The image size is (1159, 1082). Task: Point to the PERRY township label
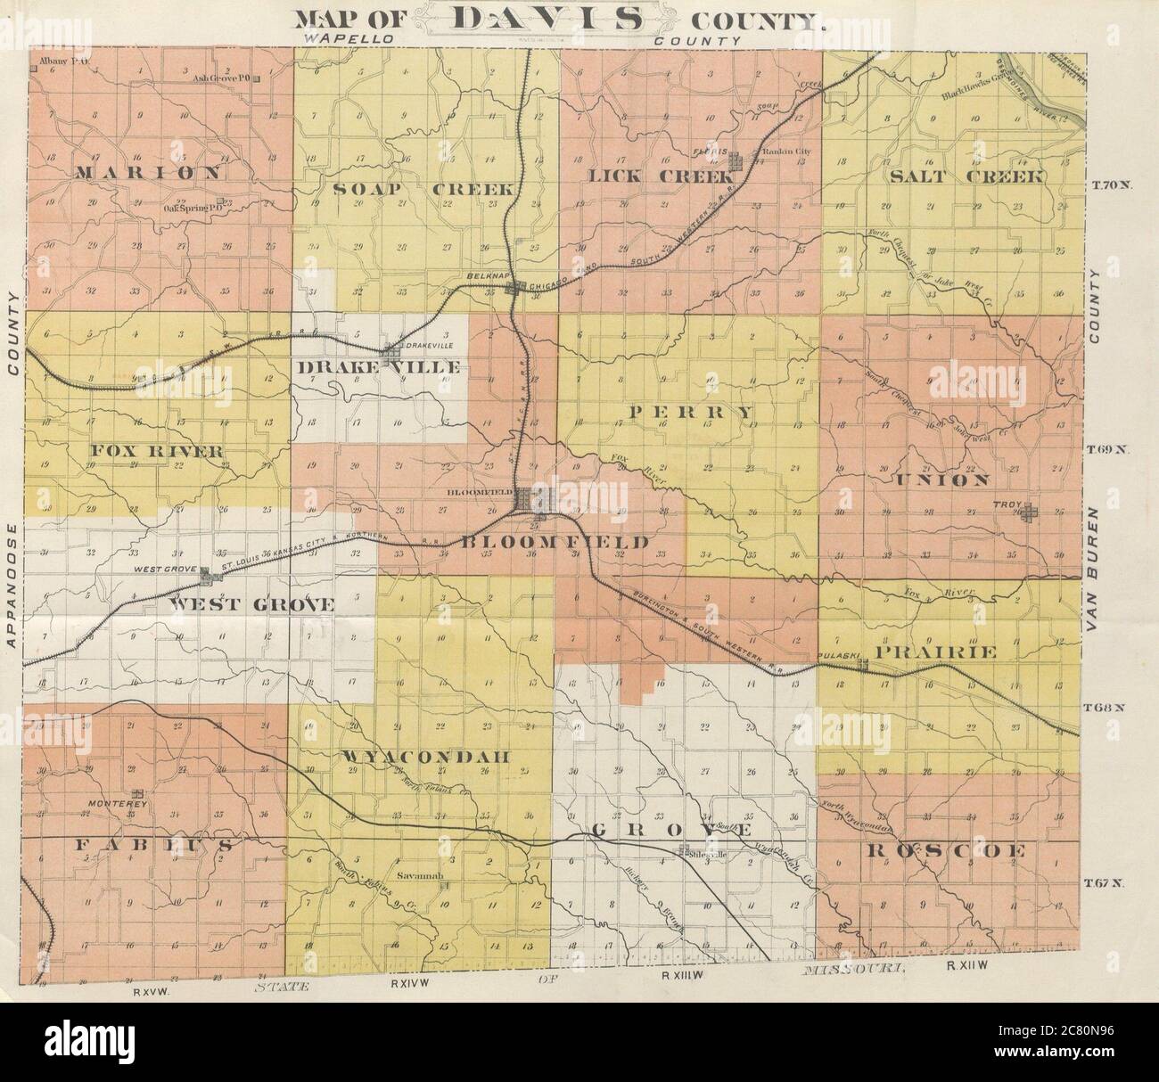point(692,412)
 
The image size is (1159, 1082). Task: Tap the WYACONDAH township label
point(424,757)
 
